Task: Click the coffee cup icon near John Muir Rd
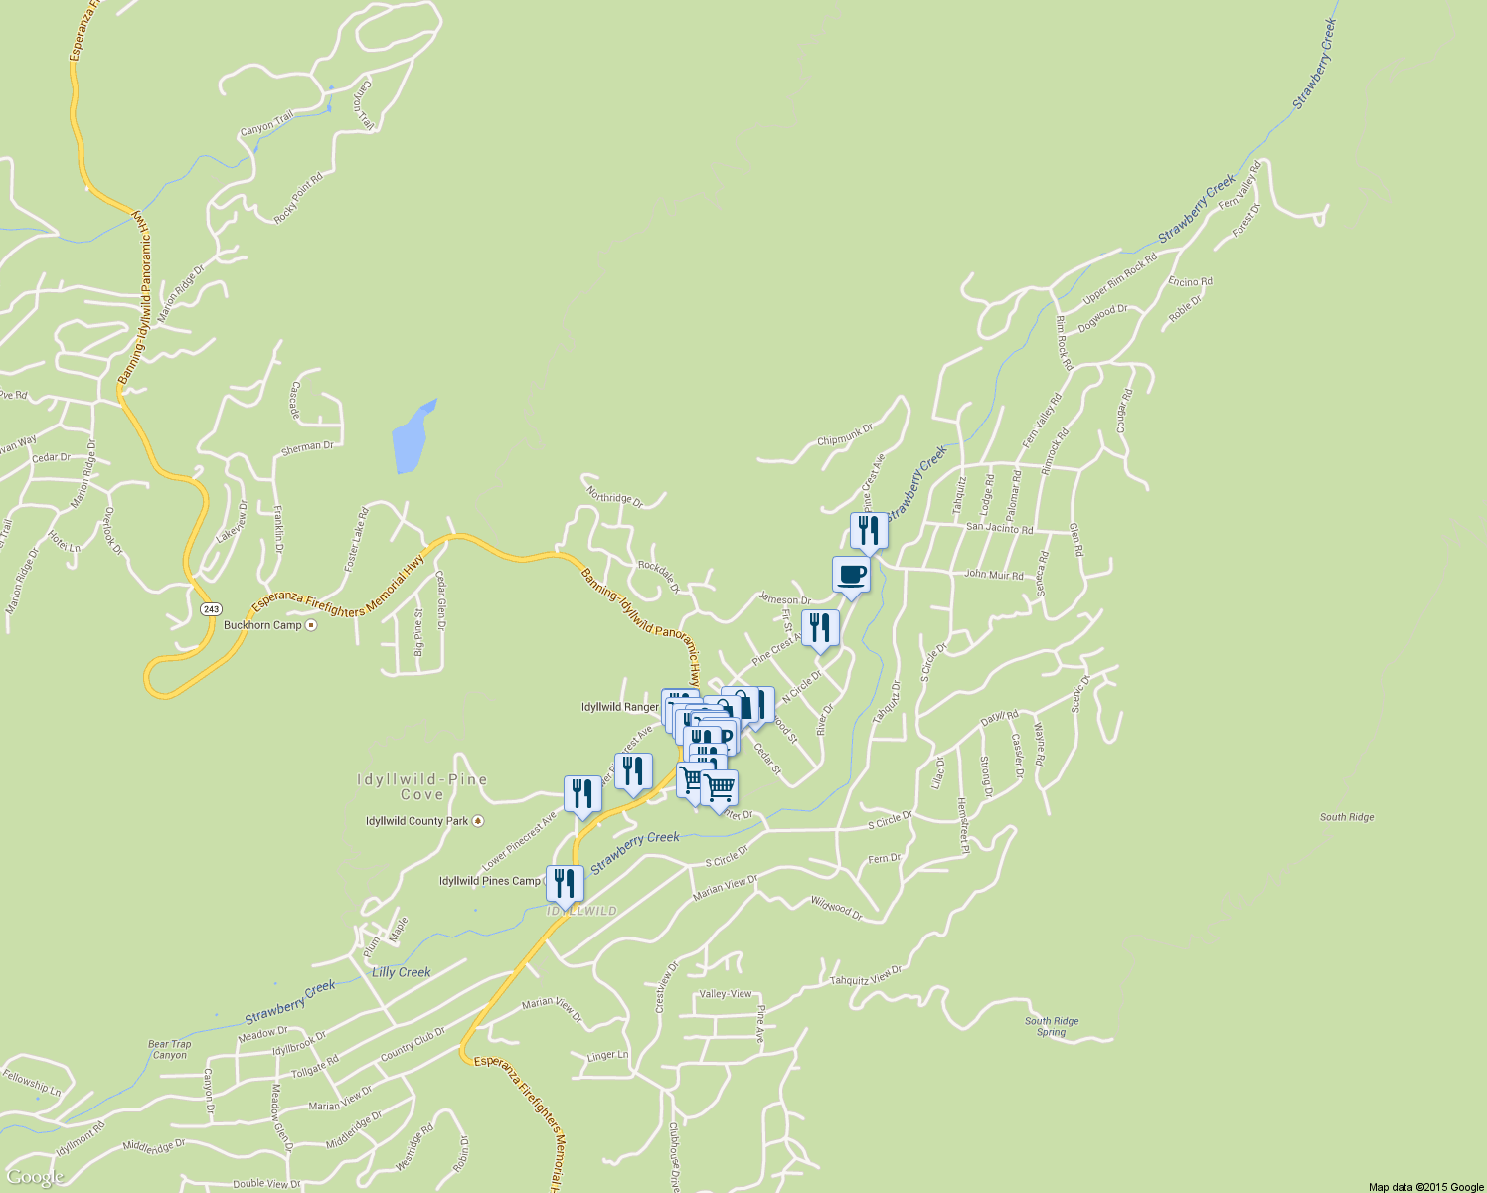pos(851,575)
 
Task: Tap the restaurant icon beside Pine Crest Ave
pos(820,628)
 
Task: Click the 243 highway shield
pos(210,608)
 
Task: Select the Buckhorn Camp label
pos(262,625)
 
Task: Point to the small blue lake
pos(413,437)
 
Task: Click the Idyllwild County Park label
pos(416,821)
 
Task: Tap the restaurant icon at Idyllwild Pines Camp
pos(565,882)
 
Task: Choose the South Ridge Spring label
pos(1052,1026)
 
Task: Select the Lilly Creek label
pos(401,972)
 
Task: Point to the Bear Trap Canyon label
pos(169,1049)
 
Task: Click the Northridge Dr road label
pos(614,497)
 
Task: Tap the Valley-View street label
pos(726,994)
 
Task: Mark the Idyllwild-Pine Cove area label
pos(422,786)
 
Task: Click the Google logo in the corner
pos(35,1177)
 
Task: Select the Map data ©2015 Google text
pos(1425,1187)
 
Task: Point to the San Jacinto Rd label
pos(999,529)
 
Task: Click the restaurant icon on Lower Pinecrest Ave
pos(582,794)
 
